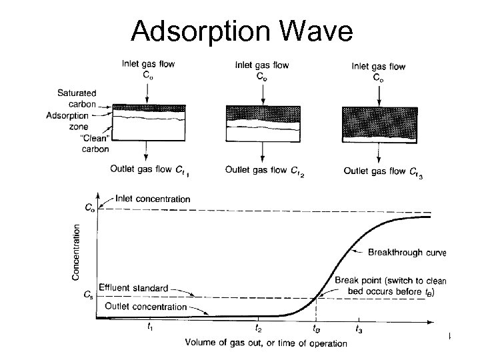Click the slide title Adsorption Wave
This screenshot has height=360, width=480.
241,30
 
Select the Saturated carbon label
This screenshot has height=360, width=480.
76,98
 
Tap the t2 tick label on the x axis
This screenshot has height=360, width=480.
259,327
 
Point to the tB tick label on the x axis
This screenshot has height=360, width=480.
317,328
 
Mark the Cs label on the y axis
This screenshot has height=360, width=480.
88,293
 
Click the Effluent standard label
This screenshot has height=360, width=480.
133,287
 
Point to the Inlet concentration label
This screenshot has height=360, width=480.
153,199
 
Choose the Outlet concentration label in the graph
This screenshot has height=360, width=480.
146,306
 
